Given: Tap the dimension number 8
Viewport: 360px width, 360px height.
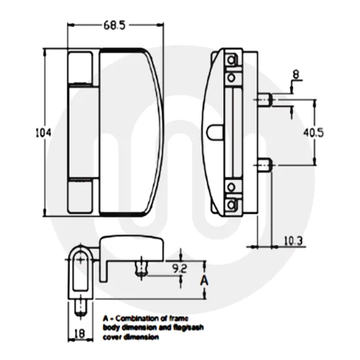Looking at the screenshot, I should coord(296,75).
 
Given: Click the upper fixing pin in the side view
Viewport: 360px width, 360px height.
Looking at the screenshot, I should coord(264,99).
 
